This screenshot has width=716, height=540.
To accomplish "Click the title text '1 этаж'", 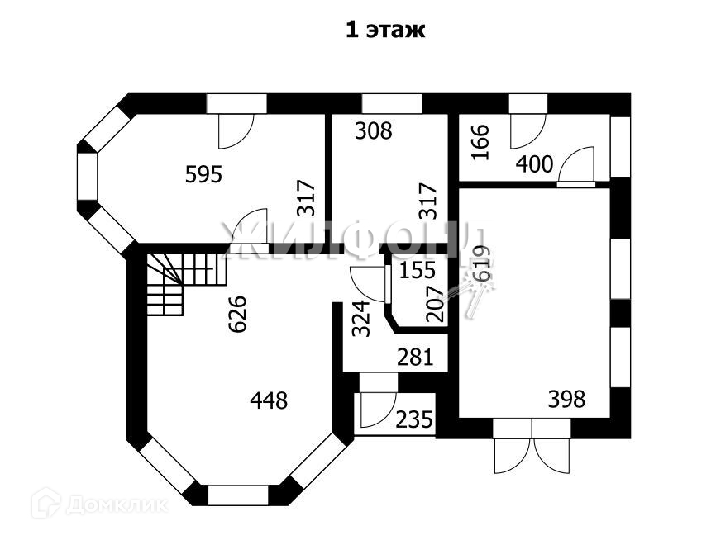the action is [x=384, y=31].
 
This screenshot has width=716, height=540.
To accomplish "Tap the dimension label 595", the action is [x=203, y=174].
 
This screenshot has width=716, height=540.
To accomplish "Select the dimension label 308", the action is [x=373, y=130].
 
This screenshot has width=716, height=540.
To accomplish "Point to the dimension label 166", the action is [x=481, y=141].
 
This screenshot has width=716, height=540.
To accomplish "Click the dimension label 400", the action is [x=534, y=164].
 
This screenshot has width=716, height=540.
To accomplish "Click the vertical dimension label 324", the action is [x=361, y=318].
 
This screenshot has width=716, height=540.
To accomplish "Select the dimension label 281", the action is [x=416, y=358].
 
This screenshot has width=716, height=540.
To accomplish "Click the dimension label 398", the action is [x=566, y=400].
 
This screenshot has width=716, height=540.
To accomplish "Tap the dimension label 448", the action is [x=269, y=401].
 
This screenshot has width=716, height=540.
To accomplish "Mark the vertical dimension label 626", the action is [x=237, y=314].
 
